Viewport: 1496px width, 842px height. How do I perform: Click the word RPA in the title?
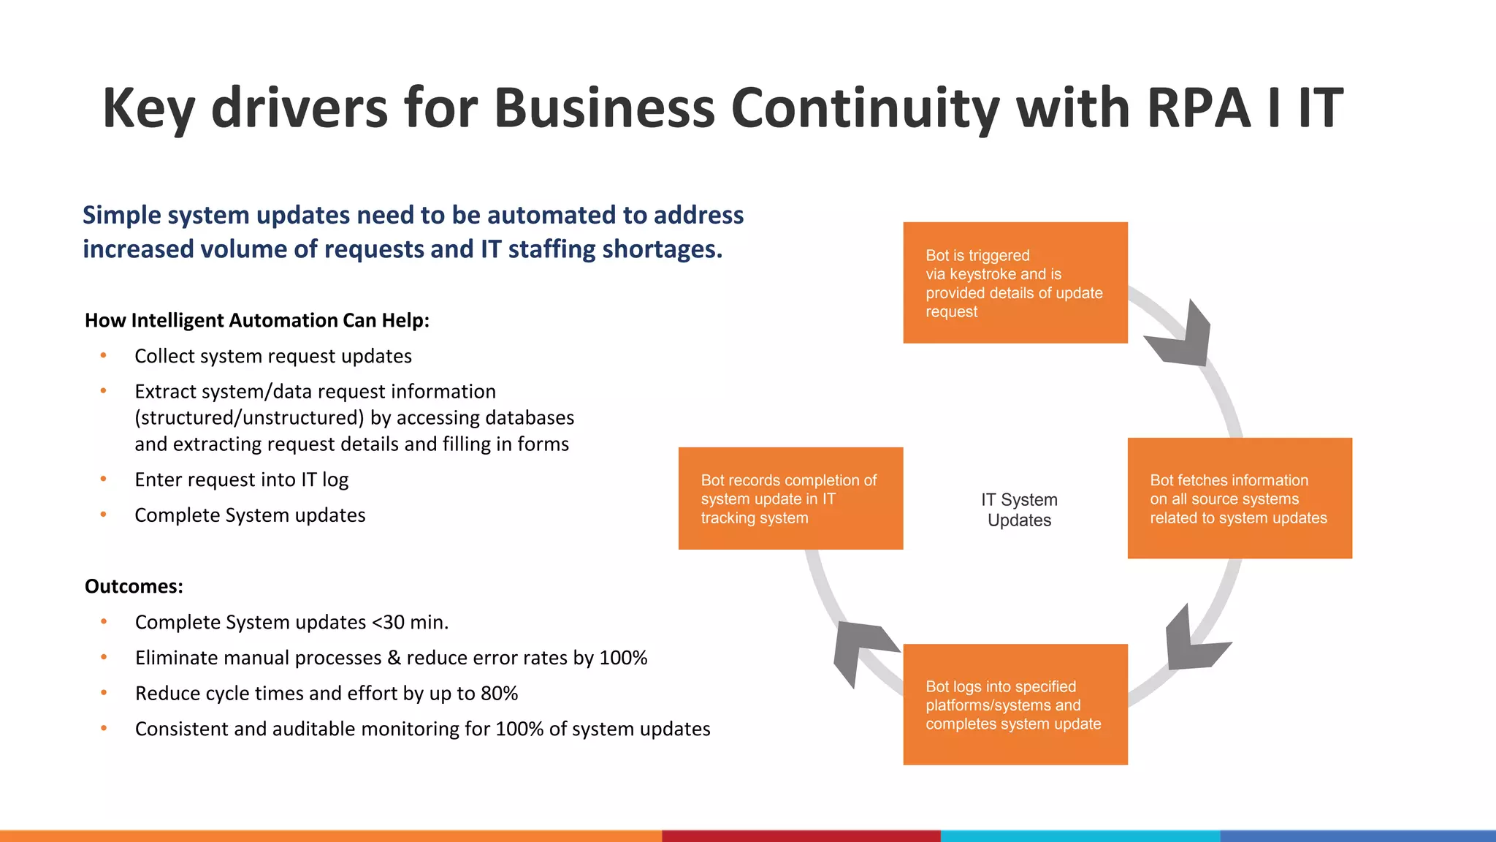coord(1199,108)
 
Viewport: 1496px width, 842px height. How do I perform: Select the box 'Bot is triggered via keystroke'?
coord(1015,283)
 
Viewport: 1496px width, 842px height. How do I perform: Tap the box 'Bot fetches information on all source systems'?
coord(1239,498)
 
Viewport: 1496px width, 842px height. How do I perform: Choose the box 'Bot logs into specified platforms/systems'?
coord(1015,705)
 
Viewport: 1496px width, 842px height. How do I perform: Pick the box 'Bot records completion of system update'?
coord(790,498)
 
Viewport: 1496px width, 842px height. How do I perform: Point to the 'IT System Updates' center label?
coord(1019,509)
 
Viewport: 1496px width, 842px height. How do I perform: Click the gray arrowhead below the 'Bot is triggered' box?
coord(1182,338)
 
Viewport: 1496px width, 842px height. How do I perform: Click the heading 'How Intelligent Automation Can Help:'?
coord(256,320)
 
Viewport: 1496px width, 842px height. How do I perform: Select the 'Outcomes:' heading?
coord(134,586)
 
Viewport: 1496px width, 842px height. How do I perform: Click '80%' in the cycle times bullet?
coord(499,693)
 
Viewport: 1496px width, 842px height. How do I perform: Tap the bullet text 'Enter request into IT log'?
coord(241,479)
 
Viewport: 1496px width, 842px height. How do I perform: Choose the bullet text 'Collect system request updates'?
coord(272,356)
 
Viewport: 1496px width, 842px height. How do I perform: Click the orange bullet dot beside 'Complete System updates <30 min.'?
coord(104,622)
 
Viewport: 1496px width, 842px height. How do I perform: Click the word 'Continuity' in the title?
coord(865,108)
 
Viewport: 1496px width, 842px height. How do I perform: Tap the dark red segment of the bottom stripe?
coord(801,835)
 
